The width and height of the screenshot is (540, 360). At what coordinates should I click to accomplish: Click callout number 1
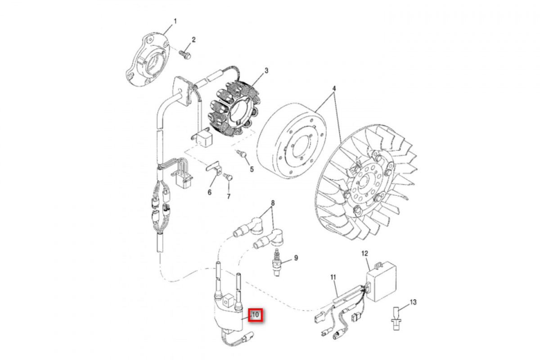click(175, 21)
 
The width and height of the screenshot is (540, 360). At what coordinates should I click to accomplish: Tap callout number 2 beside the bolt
click(193, 40)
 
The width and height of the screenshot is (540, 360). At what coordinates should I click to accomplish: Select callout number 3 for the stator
click(266, 71)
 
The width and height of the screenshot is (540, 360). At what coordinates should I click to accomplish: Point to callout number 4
click(334, 88)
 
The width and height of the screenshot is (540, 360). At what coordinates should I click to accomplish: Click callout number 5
click(252, 169)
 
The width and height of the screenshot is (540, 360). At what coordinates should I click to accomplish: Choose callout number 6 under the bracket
click(209, 193)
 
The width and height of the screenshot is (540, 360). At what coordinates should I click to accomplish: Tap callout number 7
click(228, 197)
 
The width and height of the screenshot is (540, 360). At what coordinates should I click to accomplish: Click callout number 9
click(296, 258)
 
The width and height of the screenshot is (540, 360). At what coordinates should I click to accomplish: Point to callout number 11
click(333, 277)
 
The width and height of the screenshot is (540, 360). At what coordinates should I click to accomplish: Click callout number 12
click(365, 254)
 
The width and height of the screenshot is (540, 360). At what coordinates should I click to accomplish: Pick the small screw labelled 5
click(243, 154)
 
